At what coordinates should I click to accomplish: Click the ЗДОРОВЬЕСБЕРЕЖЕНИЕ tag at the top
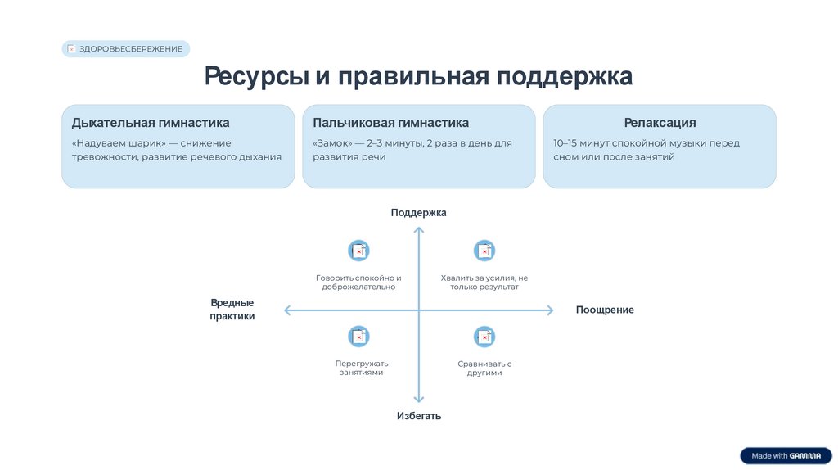click(x=126, y=49)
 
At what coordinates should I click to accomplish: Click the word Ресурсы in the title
click(x=256, y=77)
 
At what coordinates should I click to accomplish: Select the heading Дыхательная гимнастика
click(x=151, y=123)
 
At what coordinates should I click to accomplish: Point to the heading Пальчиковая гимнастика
click(x=390, y=123)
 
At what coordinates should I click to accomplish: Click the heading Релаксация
click(x=660, y=123)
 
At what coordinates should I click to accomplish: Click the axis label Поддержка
click(x=418, y=213)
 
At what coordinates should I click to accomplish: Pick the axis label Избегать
click(x=418, y=416)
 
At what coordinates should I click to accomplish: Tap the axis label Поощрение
click(x=605, y=310)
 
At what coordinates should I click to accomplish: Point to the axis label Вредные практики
click(x=232, y=310)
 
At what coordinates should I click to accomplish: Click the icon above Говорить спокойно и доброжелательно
click(x=358, y=251)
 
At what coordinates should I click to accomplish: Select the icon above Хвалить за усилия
click(x=484, y=251)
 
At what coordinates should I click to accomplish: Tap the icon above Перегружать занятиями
click(x=358, y=336)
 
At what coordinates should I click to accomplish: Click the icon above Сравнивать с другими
click(x=484, y=336)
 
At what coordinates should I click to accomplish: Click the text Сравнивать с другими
click(x=484, y=368)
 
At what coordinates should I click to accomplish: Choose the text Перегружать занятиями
click(x=362, y=368)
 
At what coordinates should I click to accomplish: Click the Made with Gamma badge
click(x=786, y=456)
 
